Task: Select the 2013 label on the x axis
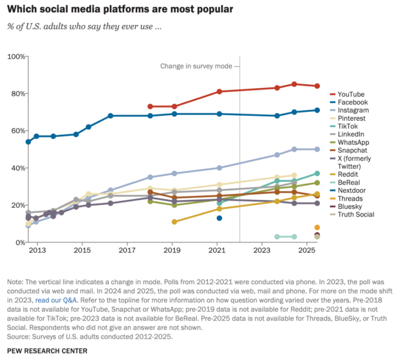37,250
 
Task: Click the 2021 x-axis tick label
219,250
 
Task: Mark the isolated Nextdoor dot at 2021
219,219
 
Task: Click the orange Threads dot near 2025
317,228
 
